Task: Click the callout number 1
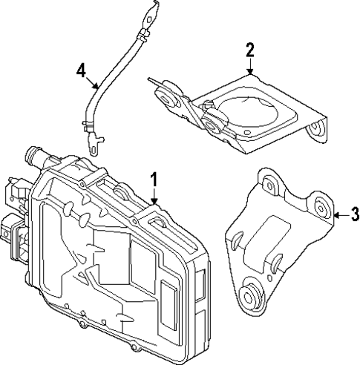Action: point(154,179)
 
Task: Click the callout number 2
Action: point(250,50)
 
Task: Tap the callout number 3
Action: point(355,216)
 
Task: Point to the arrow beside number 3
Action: point(340,216)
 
